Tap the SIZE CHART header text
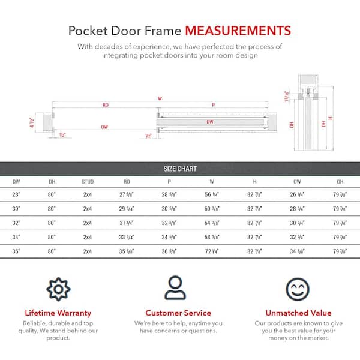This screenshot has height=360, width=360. click(x=180, y=169)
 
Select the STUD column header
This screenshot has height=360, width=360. click(x=88, y=181)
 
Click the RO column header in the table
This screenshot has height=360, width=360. click(x=126, y=181)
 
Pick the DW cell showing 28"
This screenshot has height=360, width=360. click(x=16, y=194)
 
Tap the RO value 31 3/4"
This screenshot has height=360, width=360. click(x=126, y=222)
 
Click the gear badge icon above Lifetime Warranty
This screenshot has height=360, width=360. click(x=58, y=289)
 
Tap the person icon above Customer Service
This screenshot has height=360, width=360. click(x=178, y=289)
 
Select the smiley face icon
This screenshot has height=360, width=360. click(x=298, y=289)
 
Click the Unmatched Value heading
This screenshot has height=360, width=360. click(x=298, y=313)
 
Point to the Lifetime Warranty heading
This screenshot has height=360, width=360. click(x=58, y=313)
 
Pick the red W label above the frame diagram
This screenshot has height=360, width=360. click(x=160, y=97)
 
